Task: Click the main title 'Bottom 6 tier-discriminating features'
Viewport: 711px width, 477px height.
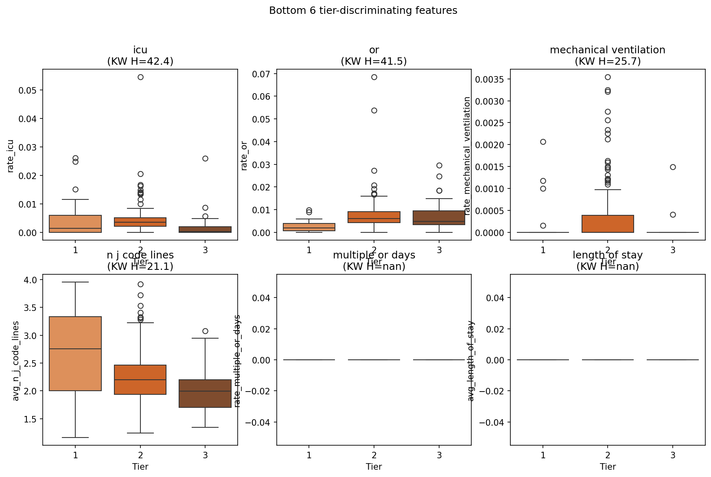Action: (363, 11)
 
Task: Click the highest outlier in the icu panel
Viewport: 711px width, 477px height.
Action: (140, 77)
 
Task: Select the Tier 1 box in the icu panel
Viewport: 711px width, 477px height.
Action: (75, 223)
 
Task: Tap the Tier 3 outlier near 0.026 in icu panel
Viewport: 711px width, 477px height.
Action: (205, 158)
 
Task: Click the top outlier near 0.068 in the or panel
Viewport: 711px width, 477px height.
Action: (374, 77)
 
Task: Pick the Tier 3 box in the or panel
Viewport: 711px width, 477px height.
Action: (439, 218)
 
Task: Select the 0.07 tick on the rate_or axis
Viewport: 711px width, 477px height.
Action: (261, 74)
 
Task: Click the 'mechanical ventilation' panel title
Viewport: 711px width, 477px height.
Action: (607, 50)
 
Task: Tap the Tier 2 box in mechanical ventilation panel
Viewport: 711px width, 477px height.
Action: (608, 223)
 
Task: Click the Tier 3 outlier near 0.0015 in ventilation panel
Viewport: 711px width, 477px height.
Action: (673, 167)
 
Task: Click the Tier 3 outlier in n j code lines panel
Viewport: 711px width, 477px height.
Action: (205, 331)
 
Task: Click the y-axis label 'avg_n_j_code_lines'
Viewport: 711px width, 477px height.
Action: (16, 361)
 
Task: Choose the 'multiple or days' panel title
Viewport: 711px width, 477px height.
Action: (374, 255)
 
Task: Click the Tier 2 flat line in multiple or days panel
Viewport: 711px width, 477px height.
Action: (374, 360)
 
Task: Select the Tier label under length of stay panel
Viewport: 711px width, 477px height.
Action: (608, 466)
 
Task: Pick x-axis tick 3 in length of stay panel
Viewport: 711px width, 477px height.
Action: (673, 455)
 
